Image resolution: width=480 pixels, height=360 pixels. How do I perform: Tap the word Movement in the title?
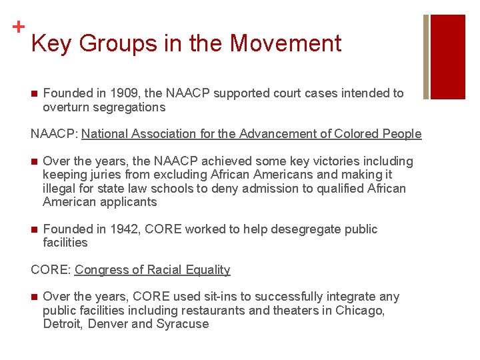click(x=285, y=43)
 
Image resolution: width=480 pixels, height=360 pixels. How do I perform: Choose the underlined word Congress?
click(x=100, y=269)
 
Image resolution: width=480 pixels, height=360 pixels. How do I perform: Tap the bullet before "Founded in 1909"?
click(x=34, y=93)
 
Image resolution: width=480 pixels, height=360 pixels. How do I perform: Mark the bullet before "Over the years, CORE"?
click(x=34, y=297)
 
